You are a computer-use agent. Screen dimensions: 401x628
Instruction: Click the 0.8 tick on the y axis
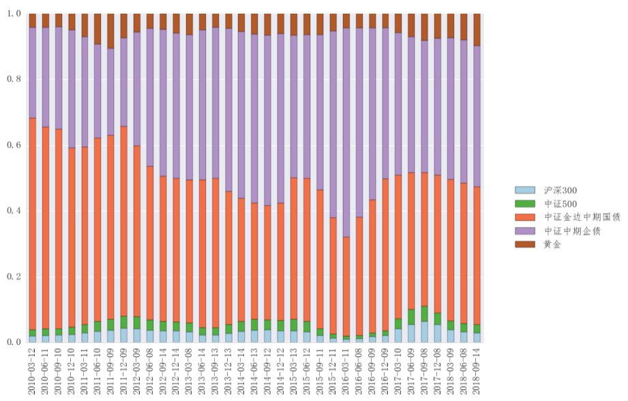click(x=14, y=79)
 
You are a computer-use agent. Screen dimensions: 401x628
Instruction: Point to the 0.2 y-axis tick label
click(x=14, y=276)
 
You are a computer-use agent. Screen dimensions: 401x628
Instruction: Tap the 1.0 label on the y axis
click(x=14, y=14)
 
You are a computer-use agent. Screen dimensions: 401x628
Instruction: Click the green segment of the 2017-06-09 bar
click(x=412, y=317)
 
